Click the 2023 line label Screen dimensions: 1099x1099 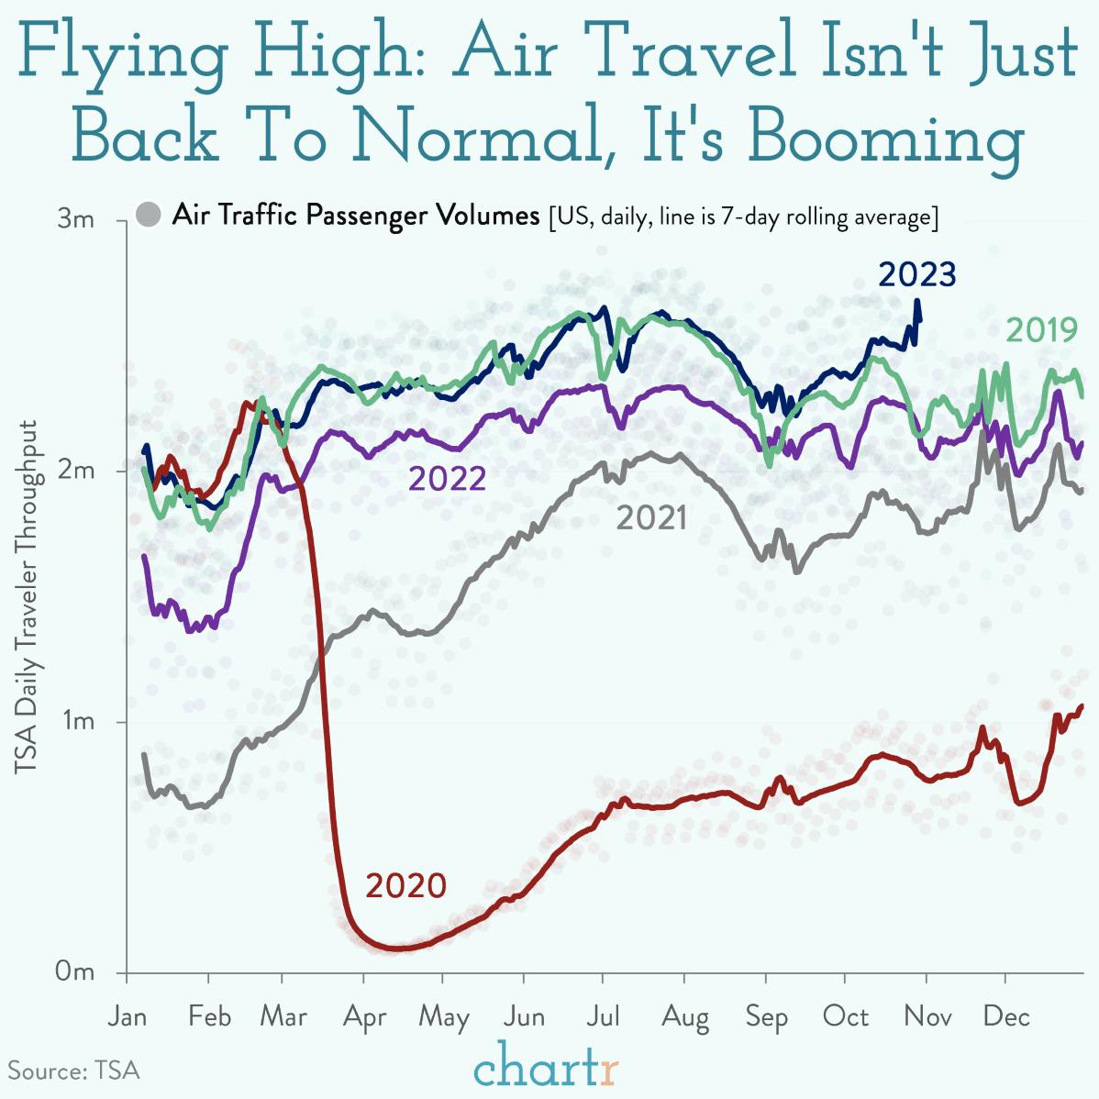click(916, 274)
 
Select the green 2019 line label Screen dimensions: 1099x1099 click(1040, 329)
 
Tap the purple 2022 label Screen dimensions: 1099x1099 click(447, 478)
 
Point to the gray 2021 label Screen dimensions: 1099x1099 click(650, 518)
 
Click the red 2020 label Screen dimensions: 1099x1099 click(405, 886)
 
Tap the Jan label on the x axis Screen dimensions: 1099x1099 click(127, 1016)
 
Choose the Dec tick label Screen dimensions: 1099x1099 click(1006, 1016)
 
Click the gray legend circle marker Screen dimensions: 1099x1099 click(148, 216)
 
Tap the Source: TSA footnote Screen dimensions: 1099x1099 click(73, 1071)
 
